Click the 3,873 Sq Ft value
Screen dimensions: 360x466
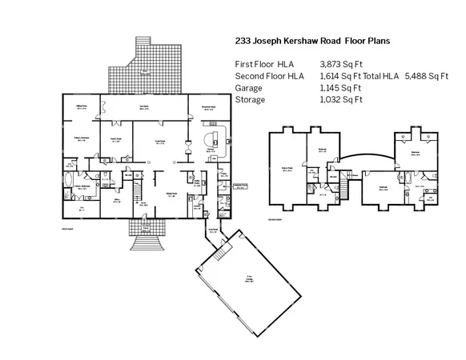342,62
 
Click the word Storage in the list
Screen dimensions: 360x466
251,100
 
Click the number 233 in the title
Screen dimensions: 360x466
244,39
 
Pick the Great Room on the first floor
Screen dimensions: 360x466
160,143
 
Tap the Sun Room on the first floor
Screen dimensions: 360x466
147,108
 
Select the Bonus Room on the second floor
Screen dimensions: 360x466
285,168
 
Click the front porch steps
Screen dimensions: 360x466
143,238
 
